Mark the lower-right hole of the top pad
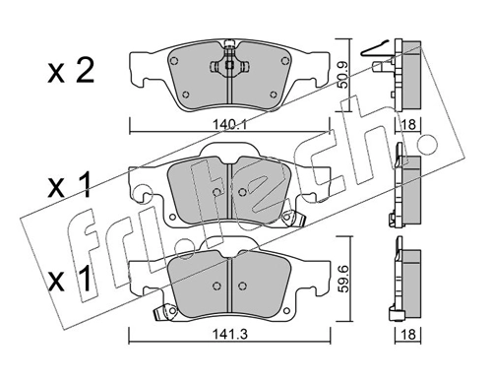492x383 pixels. point(268,94)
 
